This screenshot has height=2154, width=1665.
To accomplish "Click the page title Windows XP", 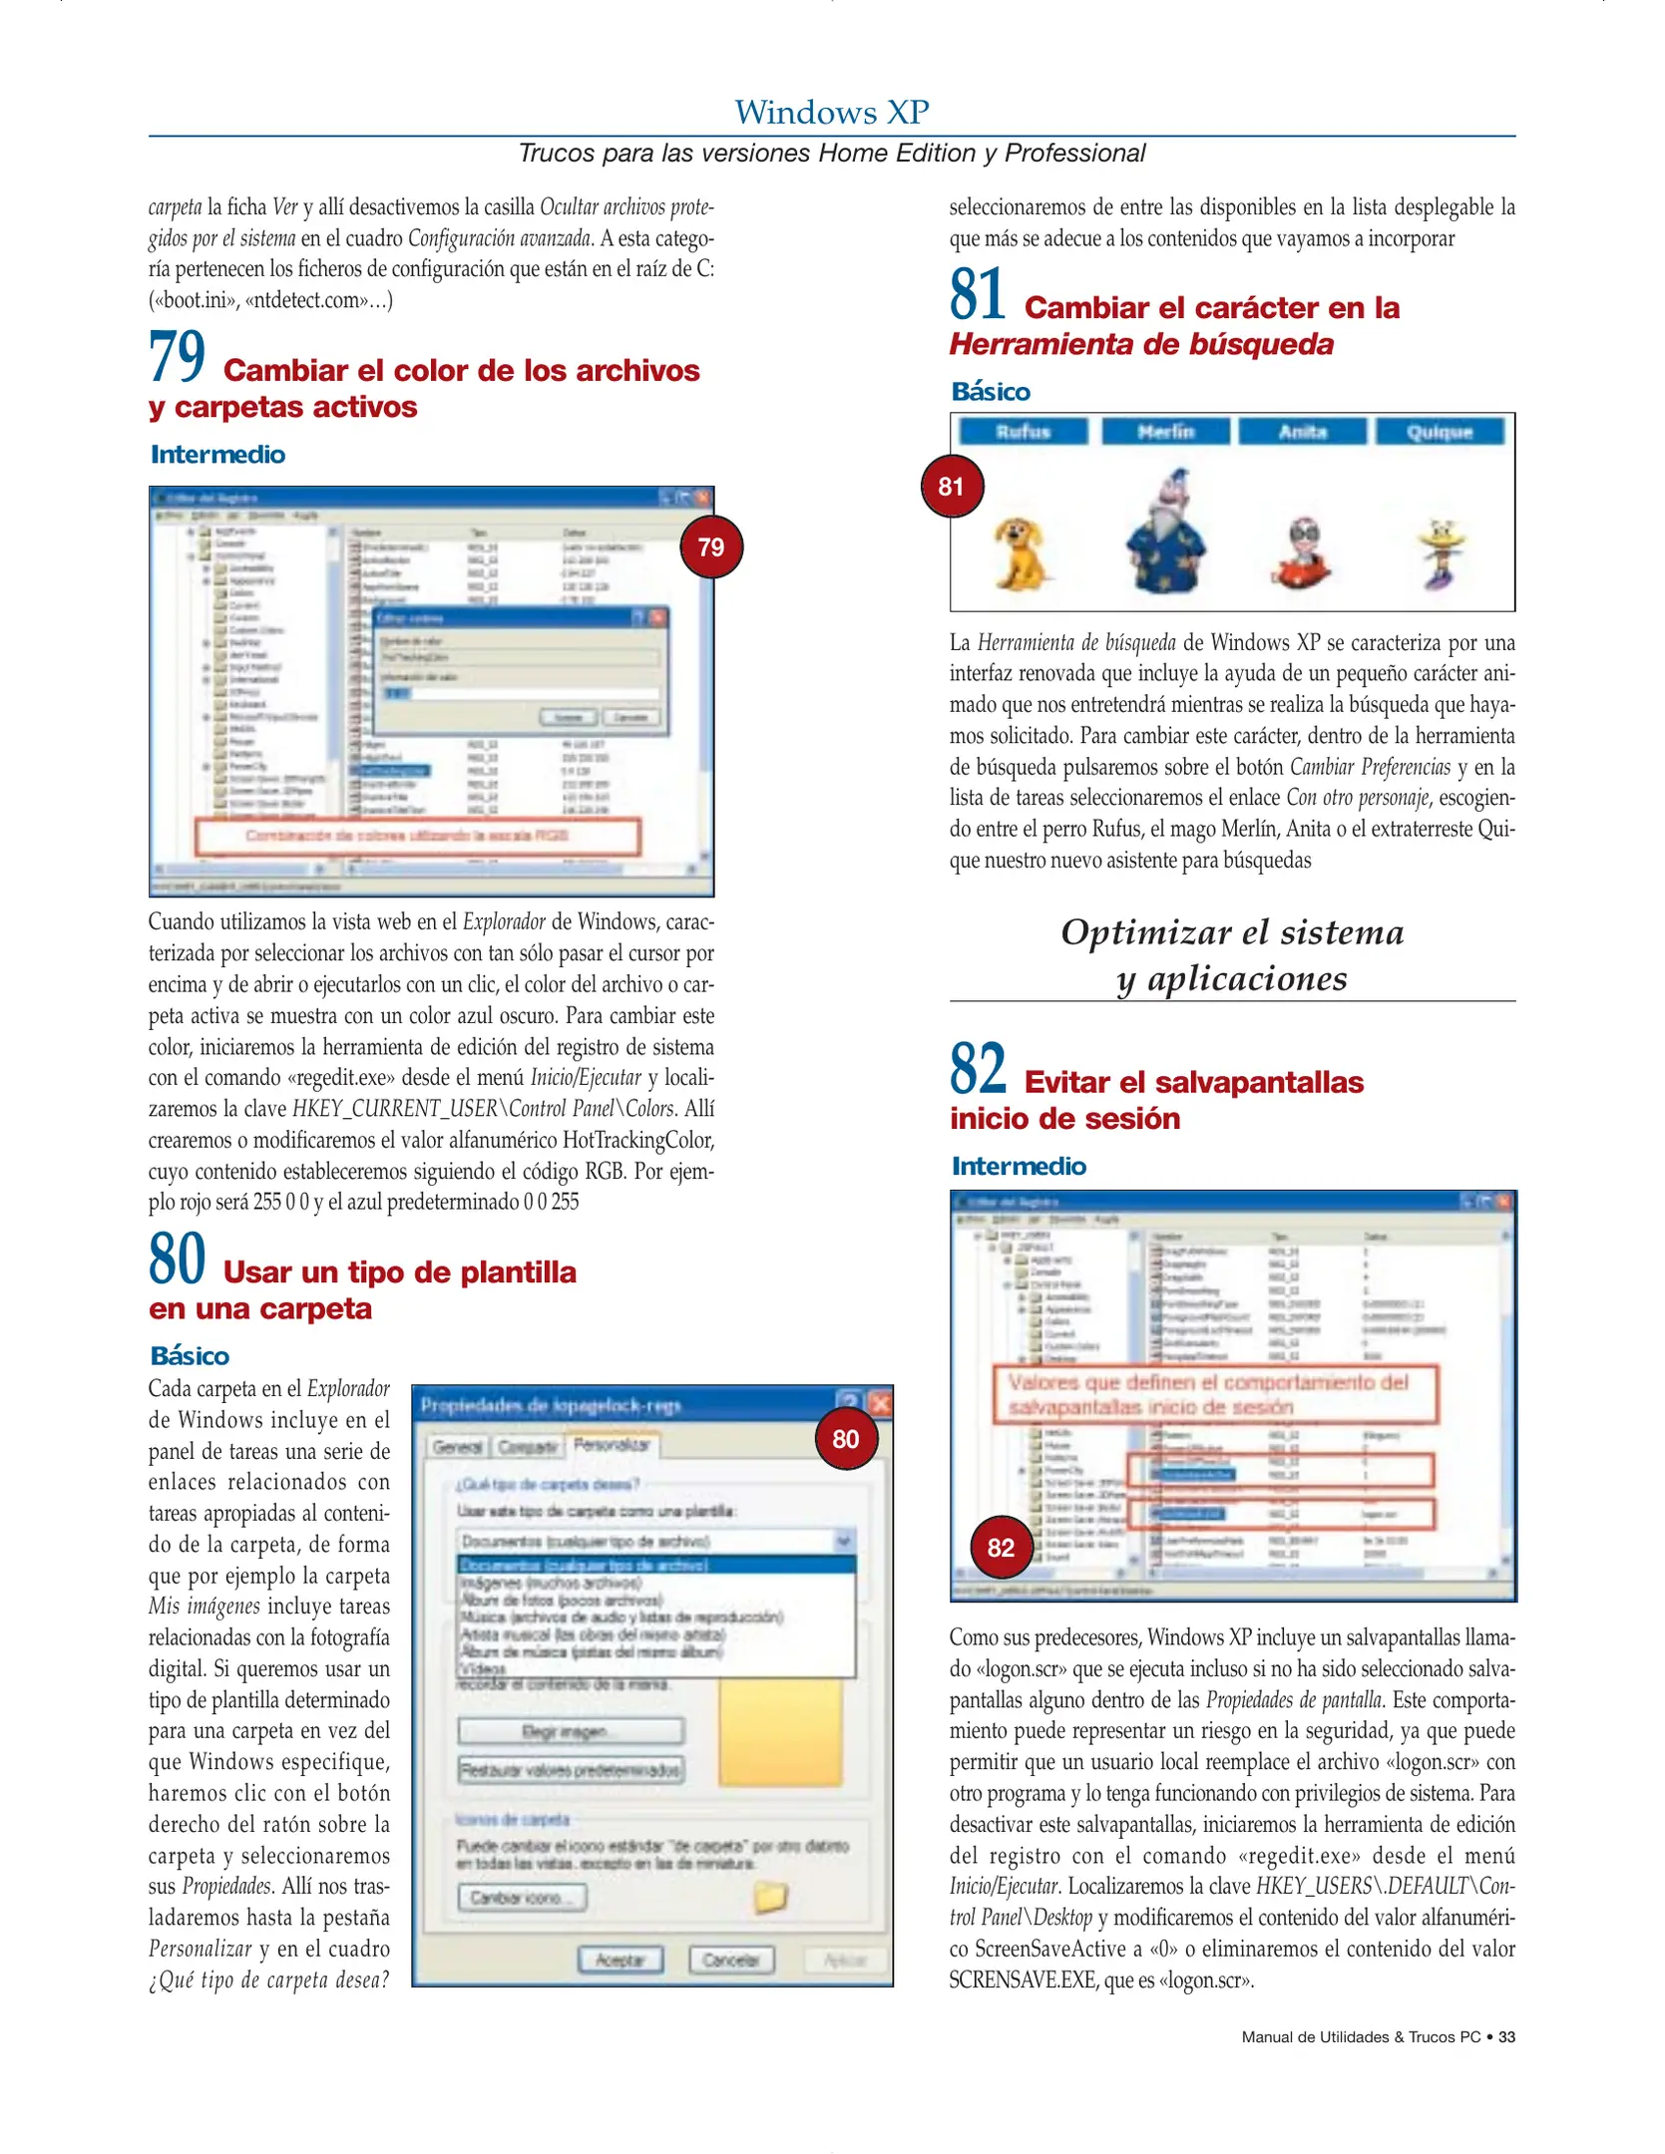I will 831,112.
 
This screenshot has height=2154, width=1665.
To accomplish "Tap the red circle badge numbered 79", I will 710,546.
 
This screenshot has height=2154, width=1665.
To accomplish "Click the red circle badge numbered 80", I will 845,1438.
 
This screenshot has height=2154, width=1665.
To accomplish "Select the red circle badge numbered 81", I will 951,486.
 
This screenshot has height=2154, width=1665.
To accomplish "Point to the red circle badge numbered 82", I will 1001,1547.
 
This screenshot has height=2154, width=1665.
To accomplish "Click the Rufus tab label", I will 1023,432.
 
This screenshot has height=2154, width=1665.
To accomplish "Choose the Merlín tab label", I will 1165,432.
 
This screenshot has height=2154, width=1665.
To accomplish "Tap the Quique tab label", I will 1439,432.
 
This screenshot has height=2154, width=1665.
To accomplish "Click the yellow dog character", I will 1020,552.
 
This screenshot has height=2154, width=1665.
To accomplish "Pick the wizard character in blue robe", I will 1167,534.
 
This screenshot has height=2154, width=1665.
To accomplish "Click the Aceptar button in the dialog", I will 619,1960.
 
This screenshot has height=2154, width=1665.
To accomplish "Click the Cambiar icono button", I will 522,1897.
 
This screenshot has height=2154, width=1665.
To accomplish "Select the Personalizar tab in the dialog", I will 612,1444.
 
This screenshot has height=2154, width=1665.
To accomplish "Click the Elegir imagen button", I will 570,1731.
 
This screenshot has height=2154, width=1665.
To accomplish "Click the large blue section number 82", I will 978,1068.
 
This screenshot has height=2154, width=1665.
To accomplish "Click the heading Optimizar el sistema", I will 1231,931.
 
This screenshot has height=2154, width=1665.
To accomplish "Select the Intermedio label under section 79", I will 217,455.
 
